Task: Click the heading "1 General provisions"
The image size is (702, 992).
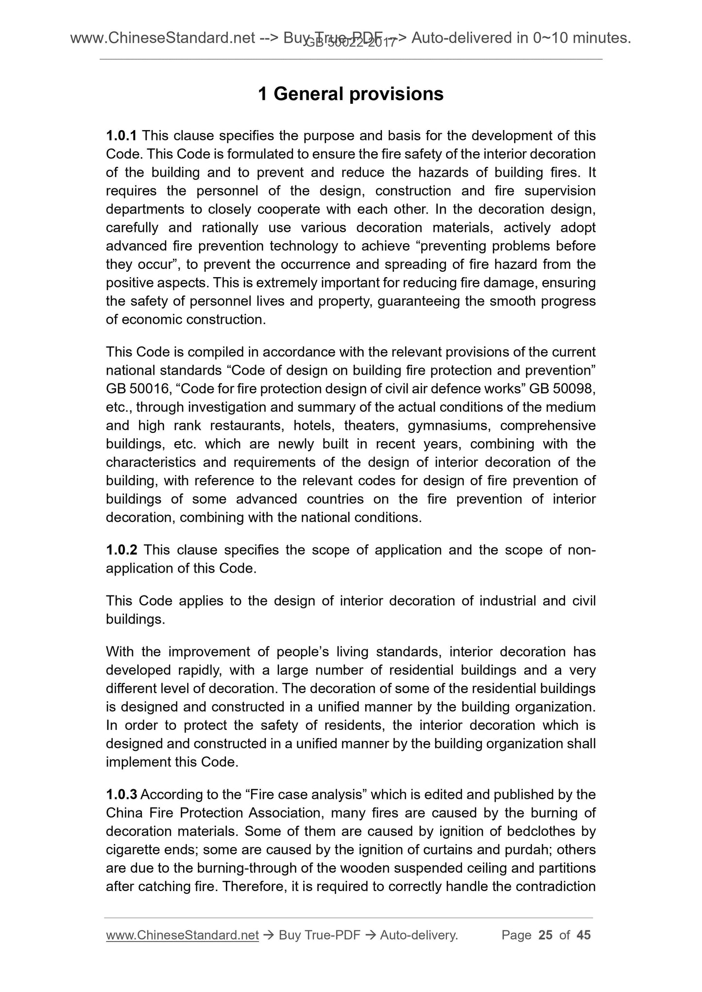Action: point(351,94)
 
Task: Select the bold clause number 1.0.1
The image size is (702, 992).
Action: point(121,136)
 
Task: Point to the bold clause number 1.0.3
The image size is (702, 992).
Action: point(121,794)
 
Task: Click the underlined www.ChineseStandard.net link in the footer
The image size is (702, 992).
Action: point(182,935)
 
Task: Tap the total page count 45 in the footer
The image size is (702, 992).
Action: point(583,935)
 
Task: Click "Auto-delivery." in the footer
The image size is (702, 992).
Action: point(419,935)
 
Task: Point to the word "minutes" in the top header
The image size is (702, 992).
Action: point(602,37)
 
